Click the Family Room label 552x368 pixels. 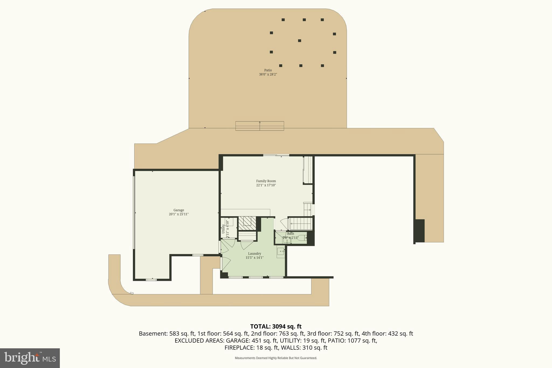(x=266, y=181)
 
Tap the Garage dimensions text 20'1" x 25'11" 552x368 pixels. (x=178, y=214)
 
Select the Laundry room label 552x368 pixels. (x=254, y=254)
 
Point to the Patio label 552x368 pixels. (x=268, y=70)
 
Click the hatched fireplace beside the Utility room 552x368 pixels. (x=247, y=223)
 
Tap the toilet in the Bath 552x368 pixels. (x=302, y=238)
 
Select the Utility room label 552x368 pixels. (x=223, y=229)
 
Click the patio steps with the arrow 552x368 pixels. (x=260, y=126)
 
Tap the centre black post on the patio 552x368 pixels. (x=299, y=41)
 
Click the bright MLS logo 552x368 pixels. (x=30, y=358)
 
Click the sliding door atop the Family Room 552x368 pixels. (x=276, y=155)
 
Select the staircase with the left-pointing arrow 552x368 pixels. (x=300, y=223)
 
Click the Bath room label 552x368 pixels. (x=290, y=234)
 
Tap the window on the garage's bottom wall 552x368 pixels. (x=151, y=280)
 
